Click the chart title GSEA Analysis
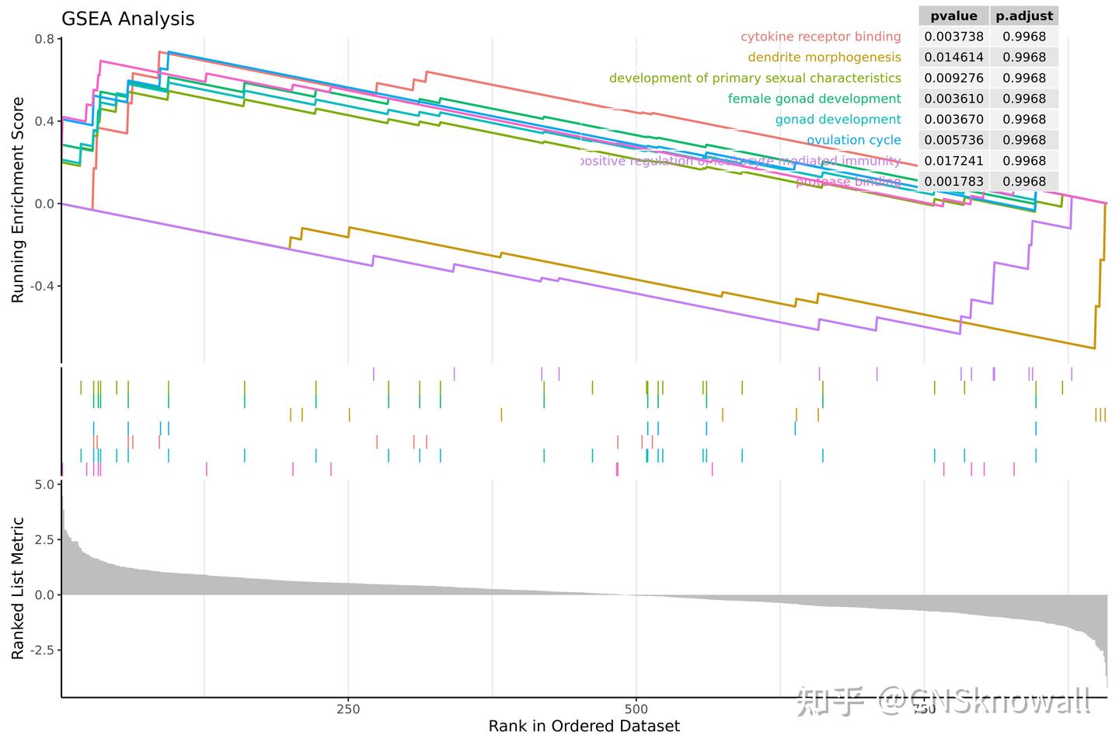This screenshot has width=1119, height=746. (127, 19)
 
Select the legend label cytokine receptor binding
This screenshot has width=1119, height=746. (820, 37)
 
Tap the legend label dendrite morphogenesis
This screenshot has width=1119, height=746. (824, 58)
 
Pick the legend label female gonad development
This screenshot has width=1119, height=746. (814, 99)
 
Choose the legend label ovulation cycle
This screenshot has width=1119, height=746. (853, 140)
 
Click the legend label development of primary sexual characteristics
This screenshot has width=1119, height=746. (755, 78)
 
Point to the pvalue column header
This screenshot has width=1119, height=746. (953, 16)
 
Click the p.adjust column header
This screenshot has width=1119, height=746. (1024, 16)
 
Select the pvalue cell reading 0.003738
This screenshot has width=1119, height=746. (953, 37)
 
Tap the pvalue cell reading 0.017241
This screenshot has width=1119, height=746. (953, 161)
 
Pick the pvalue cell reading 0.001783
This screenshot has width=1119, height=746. (953, 181)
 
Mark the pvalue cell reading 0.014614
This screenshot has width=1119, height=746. (953, 58)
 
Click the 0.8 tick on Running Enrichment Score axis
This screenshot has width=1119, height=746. (44, 39)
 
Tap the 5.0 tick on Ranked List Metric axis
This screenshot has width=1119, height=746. (44, 484)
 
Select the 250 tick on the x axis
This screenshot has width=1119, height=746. (348, 709)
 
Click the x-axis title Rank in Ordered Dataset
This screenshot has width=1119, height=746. (584, 727)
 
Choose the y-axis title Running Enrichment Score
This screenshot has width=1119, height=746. (18, 200)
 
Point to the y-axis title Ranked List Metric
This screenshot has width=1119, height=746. (18, 588)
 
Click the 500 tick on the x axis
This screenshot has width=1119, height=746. (636, 709)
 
